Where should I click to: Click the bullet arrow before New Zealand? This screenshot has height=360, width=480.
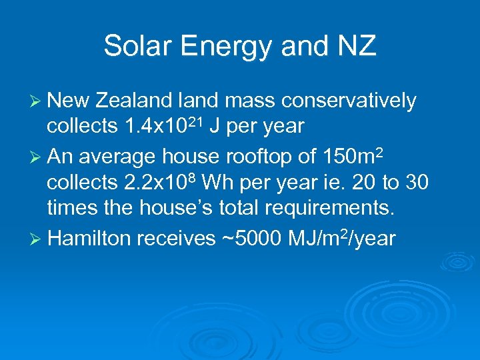pyautogui.click(x=37, y=101)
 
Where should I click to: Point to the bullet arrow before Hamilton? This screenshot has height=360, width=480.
pyautogui.click(x=37, y=238)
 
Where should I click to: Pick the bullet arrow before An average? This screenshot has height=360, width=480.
pyautogui.click(x=37, y=157)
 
